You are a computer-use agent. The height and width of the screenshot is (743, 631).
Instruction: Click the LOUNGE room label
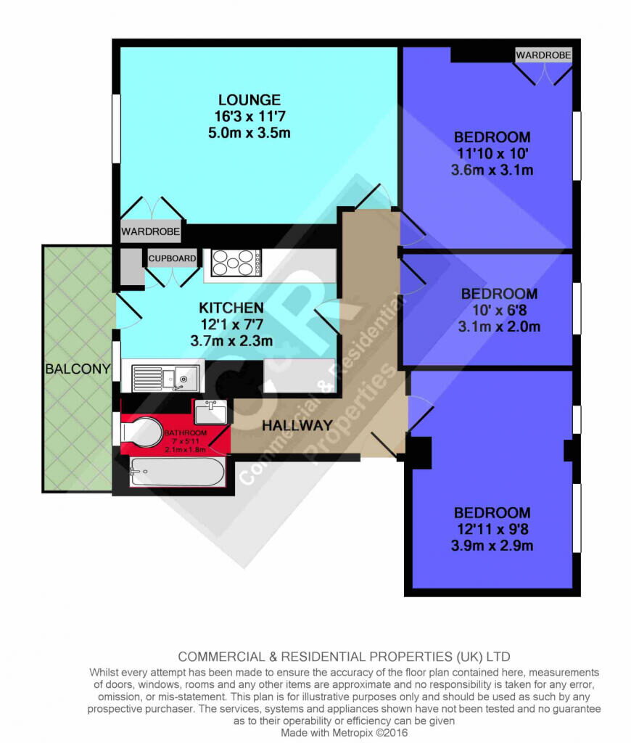tap(249, 100)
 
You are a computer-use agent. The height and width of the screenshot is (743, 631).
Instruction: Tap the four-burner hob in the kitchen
tap(236, 263)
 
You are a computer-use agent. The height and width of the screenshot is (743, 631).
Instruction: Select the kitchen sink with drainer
tap(165, 377)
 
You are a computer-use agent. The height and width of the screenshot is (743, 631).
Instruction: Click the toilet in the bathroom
tap(141, 432)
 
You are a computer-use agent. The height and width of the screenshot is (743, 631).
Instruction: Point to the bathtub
tap(178, 472)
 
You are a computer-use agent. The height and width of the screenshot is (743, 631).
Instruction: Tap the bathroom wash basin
tap(211, 411)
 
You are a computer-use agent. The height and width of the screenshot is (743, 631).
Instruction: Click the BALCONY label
tap(78, 369)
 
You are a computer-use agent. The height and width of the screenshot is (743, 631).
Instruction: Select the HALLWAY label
tap(297, 425)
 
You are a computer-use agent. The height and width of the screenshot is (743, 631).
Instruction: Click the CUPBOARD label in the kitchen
tap(172, 258)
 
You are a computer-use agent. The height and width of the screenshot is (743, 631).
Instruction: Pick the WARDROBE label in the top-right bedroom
tap(543, 55)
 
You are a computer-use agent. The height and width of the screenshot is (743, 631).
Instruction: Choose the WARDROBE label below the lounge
tap(151, 231)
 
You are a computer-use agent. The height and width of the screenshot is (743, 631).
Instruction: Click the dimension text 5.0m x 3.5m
tap(249, 133)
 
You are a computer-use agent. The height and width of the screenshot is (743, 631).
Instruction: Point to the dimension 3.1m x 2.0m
tap(499, 327)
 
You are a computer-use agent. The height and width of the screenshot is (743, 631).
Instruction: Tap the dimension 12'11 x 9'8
tap(492, 529)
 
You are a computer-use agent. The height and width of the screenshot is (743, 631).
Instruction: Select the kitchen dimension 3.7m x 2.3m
tap(231, 341)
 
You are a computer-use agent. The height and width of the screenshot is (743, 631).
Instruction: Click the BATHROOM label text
tap(185, 432)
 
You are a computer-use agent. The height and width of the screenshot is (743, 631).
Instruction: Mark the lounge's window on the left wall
tap(116, 129)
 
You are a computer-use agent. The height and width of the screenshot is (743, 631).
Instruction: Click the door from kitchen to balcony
tap(128, 312)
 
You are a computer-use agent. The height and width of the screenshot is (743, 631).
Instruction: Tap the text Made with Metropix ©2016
tap(344, 733)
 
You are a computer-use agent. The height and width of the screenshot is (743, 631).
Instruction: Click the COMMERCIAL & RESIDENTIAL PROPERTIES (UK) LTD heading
tap(344, 657)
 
